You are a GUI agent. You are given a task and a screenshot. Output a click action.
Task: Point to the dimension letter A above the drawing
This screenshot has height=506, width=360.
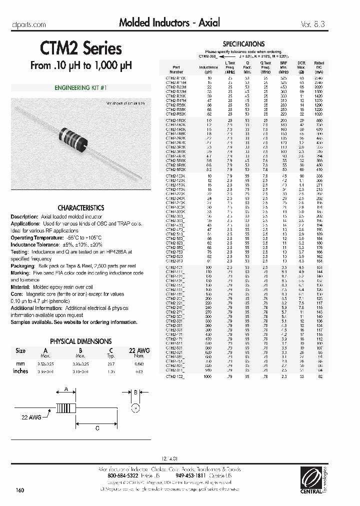tap(65, 389)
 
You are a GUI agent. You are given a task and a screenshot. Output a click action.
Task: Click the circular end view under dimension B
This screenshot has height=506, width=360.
tap(133, 409)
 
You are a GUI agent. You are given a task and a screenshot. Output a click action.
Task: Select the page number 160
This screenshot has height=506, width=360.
tap(20, 489)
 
